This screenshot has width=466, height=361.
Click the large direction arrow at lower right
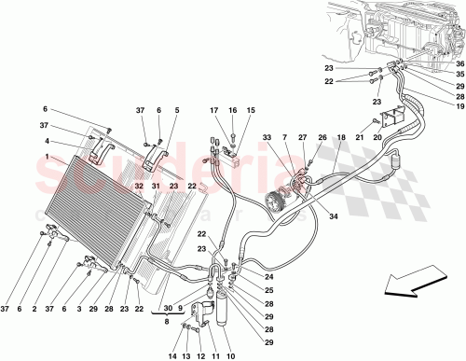(417, 279)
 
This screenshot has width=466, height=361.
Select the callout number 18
(341, 137)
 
